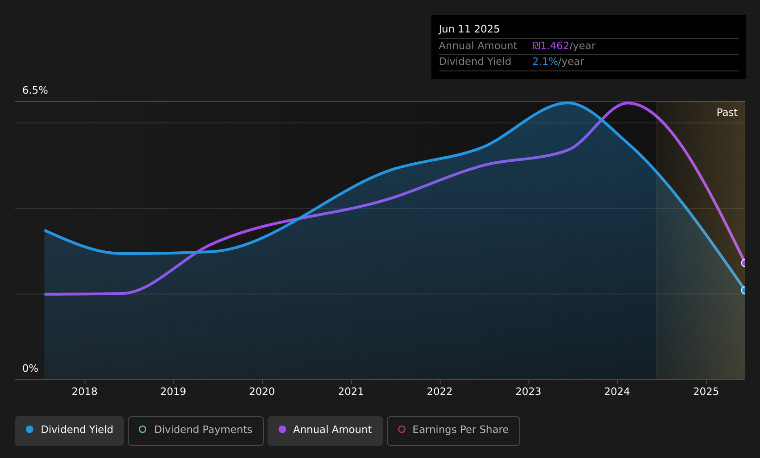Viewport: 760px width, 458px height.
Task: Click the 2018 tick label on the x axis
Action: coord(85,392)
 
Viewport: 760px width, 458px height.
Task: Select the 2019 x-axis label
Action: coord(173,392)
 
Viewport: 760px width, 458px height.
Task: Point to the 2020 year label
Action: coord(262,392)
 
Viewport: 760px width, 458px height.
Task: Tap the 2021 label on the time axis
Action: coord(351,392)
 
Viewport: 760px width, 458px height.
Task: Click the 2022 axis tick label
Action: coord(440,392)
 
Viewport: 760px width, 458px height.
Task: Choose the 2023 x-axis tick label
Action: coord(528,392)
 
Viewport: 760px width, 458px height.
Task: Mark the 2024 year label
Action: coord(617,392)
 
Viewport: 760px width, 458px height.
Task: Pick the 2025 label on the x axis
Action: coord(706,392)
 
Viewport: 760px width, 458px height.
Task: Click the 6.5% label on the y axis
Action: coord(35,90)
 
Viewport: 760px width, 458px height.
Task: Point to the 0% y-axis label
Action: coord(30,369)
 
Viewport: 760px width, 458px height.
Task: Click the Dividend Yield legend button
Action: coord(69,431)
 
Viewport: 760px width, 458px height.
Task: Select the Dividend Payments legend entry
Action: coord(196,431)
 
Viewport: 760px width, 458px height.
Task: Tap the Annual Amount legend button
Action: coord(325,431)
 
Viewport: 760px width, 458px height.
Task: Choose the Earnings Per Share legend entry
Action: coord(454,431)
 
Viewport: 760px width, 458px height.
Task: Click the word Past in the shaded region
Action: coord(727,113)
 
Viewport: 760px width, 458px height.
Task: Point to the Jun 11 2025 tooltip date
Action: coord(469,29)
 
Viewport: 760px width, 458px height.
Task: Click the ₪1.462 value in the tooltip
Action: coord(551,46)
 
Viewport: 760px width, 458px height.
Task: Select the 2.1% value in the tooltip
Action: coord(545,62)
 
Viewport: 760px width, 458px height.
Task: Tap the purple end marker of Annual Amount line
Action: coord(744,263)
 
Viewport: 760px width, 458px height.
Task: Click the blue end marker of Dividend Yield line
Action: coord(744,290)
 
